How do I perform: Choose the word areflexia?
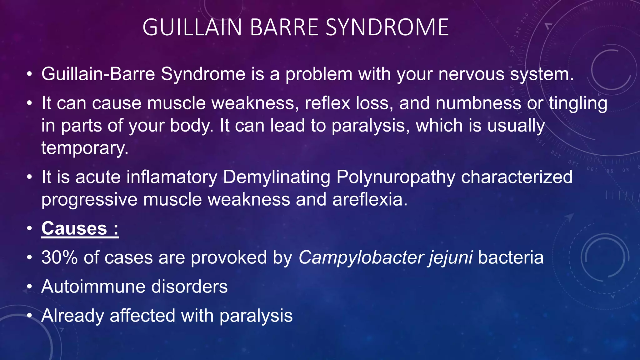pos(370,199)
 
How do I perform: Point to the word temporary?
pos(85,148)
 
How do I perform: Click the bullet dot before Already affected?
pos(29,316)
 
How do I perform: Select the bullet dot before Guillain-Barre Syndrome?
pos(29,74)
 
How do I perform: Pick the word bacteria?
pos(511,257)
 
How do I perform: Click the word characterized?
pos(517,177)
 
